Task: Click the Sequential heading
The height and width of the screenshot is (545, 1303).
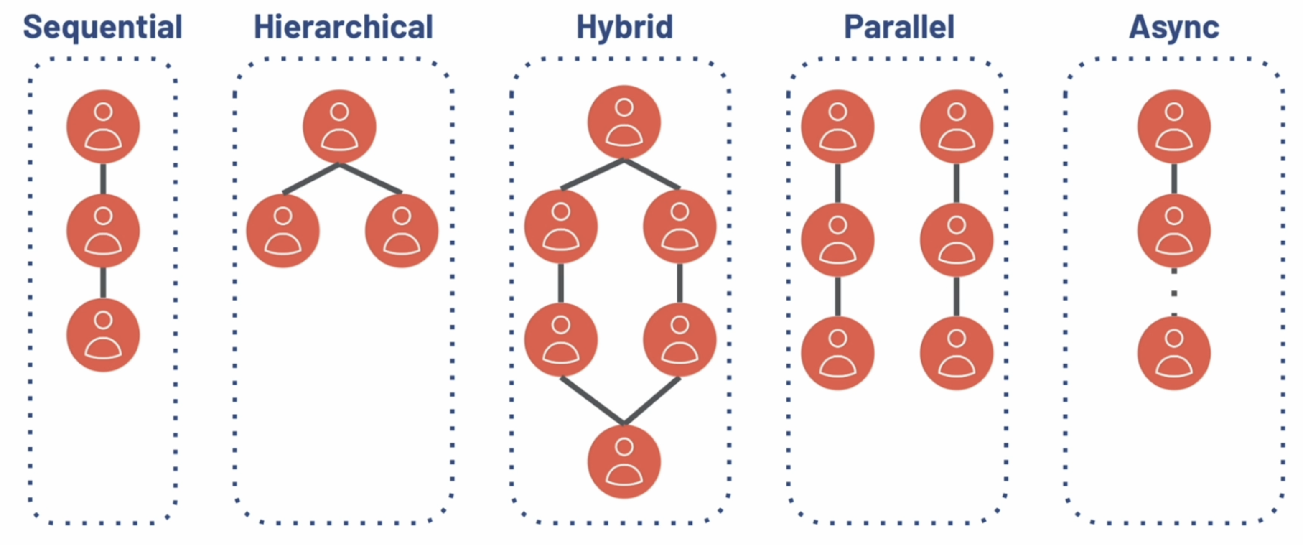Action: point(103,27)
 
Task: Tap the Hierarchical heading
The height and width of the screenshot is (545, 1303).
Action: point(344,27)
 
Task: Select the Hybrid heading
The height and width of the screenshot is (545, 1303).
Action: point(625,27)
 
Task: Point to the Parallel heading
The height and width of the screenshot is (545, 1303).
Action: point(899,27)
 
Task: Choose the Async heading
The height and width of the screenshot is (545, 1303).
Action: point(1174,27)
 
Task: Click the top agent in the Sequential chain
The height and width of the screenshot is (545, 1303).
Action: point(103,127)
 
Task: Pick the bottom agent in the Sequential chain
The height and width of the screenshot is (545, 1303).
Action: point(103,335)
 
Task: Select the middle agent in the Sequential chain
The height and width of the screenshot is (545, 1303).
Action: point(103,231)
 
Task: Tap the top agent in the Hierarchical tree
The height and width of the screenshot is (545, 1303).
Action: point(339,127)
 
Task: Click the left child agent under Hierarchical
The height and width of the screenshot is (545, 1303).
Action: point(283,231)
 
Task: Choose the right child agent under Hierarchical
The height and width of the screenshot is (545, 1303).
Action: point(402,231)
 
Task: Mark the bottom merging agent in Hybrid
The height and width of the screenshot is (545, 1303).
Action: point(624,461)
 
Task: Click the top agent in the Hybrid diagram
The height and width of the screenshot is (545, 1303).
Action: point(624,122)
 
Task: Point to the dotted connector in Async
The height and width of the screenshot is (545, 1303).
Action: point(1174,293)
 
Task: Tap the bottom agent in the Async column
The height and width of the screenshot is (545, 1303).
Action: point(1174,353)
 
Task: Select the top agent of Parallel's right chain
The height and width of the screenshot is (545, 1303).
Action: point(957,127)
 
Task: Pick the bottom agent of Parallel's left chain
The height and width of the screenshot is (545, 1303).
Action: point(837,353)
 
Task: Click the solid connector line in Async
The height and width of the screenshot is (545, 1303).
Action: point(1174,178)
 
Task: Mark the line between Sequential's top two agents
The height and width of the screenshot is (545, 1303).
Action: point(103,178)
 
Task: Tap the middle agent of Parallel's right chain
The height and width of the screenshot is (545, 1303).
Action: point(957,240)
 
